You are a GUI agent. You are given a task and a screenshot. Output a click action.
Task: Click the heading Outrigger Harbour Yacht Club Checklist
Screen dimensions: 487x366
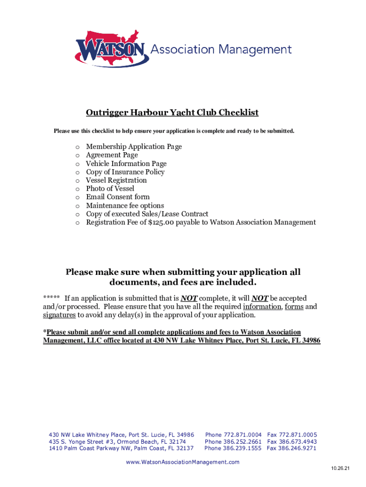click(x=172, y=113)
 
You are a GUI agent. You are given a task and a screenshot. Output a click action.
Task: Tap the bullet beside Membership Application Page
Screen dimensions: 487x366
click(x=77, y=147)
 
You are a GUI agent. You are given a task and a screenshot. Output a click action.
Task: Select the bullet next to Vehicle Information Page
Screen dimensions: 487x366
click(x=77, y=164)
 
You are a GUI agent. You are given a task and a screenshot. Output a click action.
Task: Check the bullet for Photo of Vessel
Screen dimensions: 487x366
click(x=77, y=189)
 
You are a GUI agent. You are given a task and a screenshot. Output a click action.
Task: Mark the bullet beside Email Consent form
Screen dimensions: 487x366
click(x=77, y=197)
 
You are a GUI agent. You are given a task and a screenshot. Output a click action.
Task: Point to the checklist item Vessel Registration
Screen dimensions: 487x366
click(x=116, y=180)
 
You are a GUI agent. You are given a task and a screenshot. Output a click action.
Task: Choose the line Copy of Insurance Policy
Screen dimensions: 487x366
click(x=125, y=172)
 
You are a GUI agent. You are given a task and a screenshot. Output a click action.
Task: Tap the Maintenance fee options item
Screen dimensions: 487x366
click(x=125, y=205)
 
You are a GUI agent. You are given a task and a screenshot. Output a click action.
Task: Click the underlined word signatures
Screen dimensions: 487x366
click(x=59, y=315)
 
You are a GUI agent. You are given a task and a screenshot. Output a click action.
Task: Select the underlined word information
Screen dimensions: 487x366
click(x=262, y=307)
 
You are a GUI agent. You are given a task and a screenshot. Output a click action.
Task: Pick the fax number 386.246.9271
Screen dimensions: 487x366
click(x=298, y=448)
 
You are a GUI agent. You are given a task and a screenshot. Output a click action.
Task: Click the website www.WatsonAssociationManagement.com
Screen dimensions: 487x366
click(x=183, y=462)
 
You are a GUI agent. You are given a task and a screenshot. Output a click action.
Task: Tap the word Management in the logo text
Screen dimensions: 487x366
click(x=257, y=49)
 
